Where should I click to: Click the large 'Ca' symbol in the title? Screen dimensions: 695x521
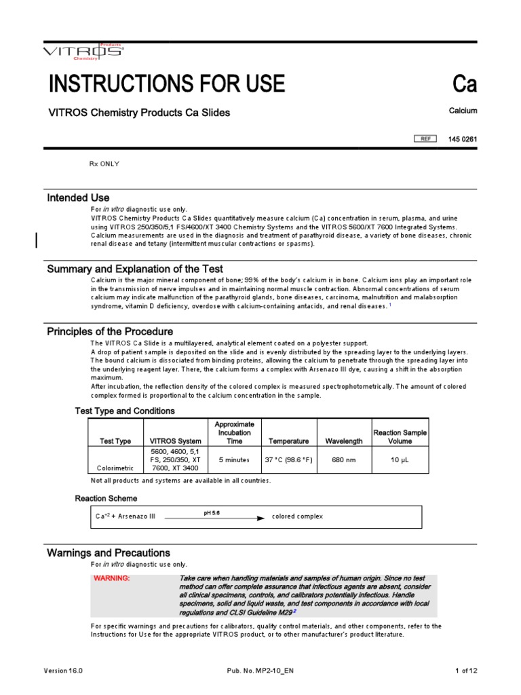coord(465,85)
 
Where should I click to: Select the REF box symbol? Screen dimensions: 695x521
coord(426,139)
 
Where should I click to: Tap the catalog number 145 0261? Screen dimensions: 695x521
coord(463,139)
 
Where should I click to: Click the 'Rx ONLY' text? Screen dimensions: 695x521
coord(105,164)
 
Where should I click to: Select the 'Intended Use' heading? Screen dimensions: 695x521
coord(78,198)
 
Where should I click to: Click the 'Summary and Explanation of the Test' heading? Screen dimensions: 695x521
coord(135,269)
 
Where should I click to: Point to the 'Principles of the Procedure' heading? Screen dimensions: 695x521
coord(110,331)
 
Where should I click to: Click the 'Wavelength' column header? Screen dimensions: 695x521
coord(344,441)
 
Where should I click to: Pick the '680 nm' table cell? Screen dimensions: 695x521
coord(344,459)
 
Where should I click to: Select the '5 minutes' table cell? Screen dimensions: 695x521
coord(234,459)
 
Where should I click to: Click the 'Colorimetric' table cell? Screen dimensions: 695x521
coord(115,468)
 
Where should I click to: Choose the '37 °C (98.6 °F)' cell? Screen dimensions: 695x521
coord(288,459)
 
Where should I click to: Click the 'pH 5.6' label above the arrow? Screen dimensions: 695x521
coord(212,512)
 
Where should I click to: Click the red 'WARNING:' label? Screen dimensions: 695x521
coord(111,578)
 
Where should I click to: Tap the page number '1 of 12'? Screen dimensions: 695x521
coord(466,671)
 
